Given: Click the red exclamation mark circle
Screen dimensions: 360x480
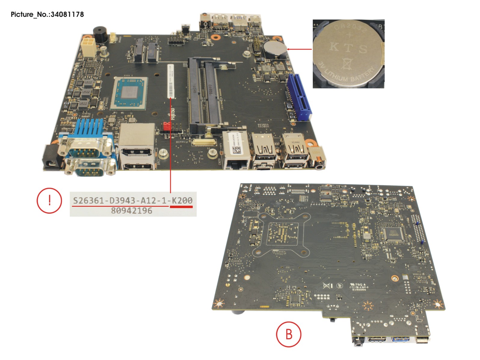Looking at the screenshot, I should pos(49,200).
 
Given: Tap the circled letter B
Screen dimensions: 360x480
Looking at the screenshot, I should pos(289,334).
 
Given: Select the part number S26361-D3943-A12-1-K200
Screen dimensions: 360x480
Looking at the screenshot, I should pos(133,200).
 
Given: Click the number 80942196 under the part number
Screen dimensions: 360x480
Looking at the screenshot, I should pos(132,211).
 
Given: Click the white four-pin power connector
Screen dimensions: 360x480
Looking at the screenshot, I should pos(88,47).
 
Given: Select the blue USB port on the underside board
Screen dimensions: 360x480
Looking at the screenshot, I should pos(401,340).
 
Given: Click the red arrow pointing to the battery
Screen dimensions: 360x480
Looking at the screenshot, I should pos(300,49).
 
